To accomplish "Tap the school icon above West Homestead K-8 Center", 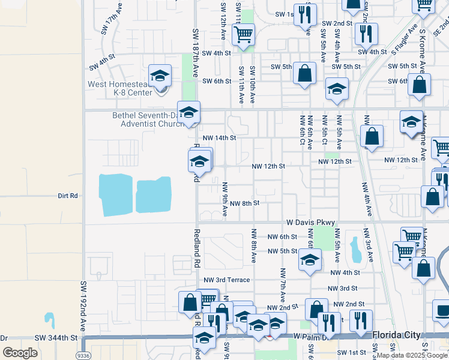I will click(x=160, y=76).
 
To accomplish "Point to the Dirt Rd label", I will click(x=68, y=196).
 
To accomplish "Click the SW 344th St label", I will click(x=56, y=338).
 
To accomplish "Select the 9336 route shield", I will click(x=89, y=355).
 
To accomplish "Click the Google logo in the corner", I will click(x=20, y=353).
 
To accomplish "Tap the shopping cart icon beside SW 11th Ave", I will click(x=243, y=36).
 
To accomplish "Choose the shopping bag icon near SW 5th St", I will click(x=305, y=74).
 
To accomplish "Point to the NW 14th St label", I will click(x=219, y=137).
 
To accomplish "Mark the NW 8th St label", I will click(x=244, y=203).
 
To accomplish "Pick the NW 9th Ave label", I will click(x=224, y=199).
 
